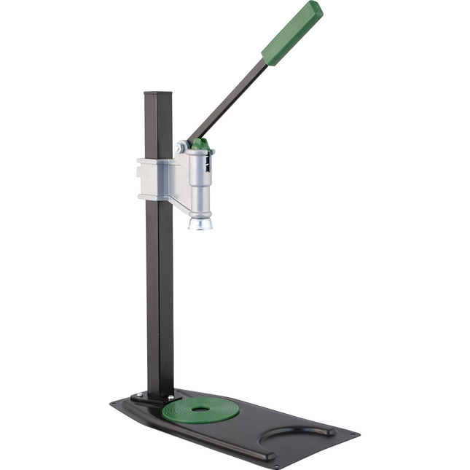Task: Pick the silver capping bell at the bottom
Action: point(200,222)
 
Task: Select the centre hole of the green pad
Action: point(200,408)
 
